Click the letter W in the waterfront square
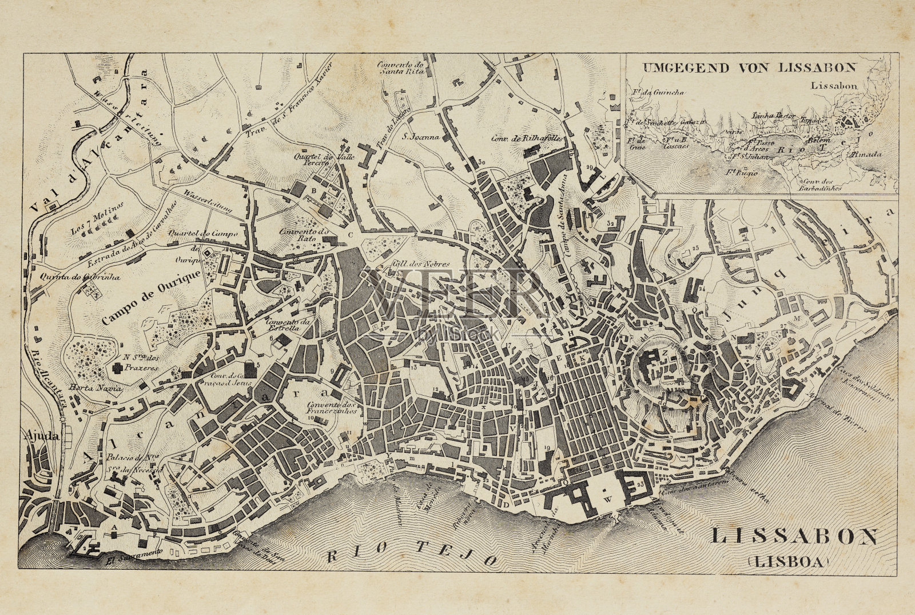click(x=608, y=499)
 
